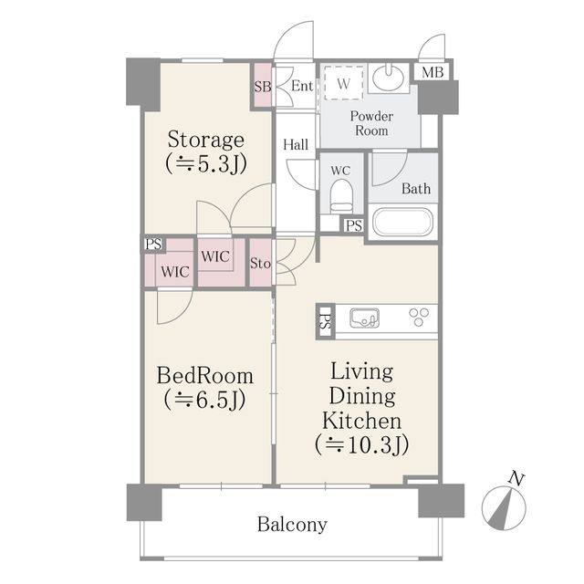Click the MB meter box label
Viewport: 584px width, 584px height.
click(433, 72)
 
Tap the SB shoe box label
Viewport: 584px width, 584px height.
click(263, 87)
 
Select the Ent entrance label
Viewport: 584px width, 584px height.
click(302, 86)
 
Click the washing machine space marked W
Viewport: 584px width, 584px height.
click(343, 83)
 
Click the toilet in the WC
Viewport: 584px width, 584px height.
click(341, 196)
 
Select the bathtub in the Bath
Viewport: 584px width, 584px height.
click(402, 223)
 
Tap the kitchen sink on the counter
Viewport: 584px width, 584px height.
click(365, 318)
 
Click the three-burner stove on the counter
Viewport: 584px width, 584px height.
click(419, 318)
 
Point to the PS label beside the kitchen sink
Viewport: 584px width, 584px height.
click(325, 322)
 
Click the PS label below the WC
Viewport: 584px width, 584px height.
click(354, 225)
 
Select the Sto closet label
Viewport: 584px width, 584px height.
click(260, 264)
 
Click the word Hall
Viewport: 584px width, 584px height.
click(296, 144)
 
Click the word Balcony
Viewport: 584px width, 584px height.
click(292, 525)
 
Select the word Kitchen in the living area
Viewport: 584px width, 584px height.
click(362, 421)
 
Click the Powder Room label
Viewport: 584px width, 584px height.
click(371, 123)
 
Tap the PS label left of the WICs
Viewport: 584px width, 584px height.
click(153, 245)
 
